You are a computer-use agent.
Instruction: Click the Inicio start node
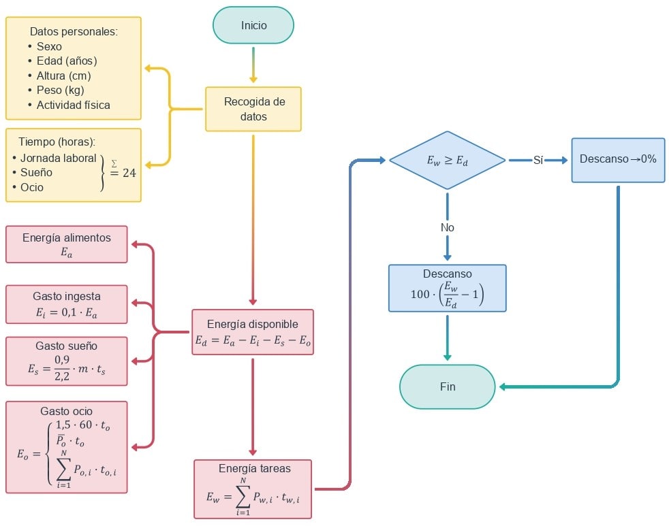(253, 26)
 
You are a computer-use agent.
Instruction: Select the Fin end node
(447, 387)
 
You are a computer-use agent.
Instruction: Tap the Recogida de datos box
(253, 109)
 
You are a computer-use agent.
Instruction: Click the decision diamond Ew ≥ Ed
(447, 161)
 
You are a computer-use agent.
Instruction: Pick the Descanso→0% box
(618, 159)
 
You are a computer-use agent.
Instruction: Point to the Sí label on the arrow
(538, 160)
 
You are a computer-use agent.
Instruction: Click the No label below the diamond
(447, 227)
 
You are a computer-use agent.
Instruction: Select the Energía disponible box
(252, 332)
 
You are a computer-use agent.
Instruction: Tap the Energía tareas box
(253, 489)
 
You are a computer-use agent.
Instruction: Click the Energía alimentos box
(67, 244)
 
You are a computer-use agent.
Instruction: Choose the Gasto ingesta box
(67, 304)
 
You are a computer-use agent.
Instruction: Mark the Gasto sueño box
(67, 361)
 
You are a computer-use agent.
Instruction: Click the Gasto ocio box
(67, 446)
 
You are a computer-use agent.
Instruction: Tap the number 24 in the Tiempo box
(129, 173)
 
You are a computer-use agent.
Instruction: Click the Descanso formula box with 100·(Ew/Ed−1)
(447, 288)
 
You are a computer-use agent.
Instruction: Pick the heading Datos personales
(74, 31)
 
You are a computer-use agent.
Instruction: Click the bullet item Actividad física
(73, 105)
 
